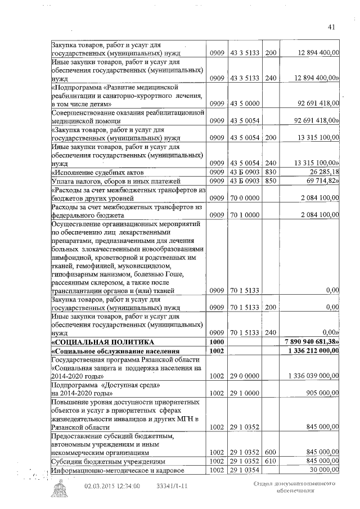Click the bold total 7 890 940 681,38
(312, 341)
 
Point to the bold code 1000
(217, 341)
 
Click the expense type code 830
(271, 172)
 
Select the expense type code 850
(271, 181)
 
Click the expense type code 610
(271, 461)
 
